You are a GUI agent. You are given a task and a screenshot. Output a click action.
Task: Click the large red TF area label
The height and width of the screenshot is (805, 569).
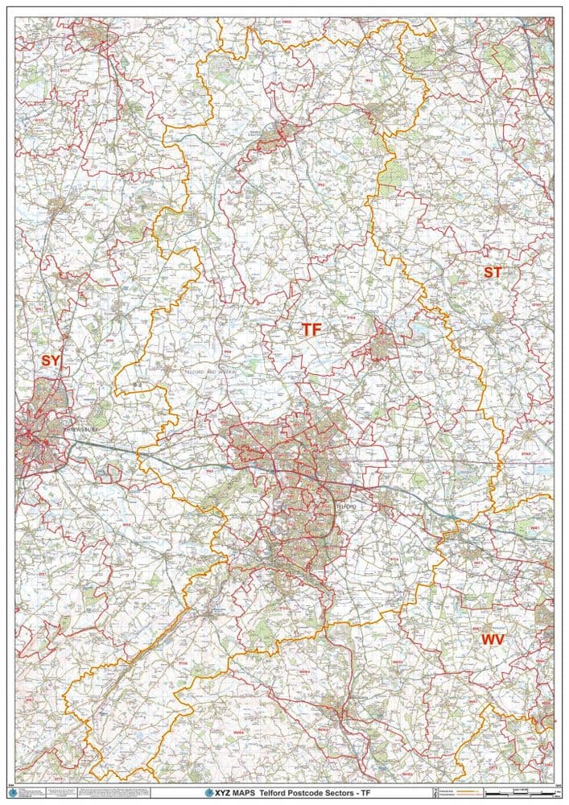(311, 329)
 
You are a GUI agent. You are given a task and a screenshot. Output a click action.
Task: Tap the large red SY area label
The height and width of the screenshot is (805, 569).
(50, 361)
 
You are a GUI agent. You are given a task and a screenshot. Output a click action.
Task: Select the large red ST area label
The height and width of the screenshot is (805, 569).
(492, 272)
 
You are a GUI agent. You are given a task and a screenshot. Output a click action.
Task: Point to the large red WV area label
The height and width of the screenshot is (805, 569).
(493, 639)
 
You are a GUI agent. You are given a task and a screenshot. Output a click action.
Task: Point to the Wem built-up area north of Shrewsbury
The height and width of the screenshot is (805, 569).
(58, 206)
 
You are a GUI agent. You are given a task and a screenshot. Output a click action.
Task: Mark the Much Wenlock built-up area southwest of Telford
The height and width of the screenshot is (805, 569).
(216, 612)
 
